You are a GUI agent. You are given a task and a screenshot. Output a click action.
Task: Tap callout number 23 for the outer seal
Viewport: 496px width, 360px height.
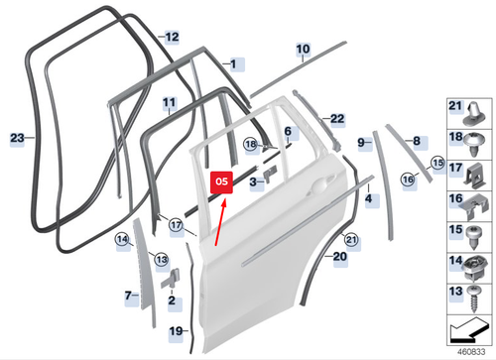(17, 138)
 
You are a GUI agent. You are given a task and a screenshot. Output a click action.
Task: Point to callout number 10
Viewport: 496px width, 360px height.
(303, 48)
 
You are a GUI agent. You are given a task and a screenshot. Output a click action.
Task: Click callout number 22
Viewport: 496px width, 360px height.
(337, 119)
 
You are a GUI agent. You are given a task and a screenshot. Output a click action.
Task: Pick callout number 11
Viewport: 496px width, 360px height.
(169, 102)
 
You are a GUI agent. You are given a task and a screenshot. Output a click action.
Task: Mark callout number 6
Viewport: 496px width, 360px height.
(288, 131)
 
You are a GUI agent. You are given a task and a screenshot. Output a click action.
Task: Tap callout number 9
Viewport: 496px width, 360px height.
(361, 143)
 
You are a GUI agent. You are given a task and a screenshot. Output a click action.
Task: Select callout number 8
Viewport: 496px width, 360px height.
(416, 141)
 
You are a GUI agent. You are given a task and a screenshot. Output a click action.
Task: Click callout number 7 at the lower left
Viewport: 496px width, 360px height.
(128, 295)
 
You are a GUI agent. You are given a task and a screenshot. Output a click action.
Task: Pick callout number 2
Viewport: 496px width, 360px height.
(172, 300)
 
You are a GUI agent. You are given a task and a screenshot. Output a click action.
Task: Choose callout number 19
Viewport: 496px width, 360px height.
(175, 330)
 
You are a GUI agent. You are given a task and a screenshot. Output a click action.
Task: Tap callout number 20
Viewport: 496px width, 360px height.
(340, 256)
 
